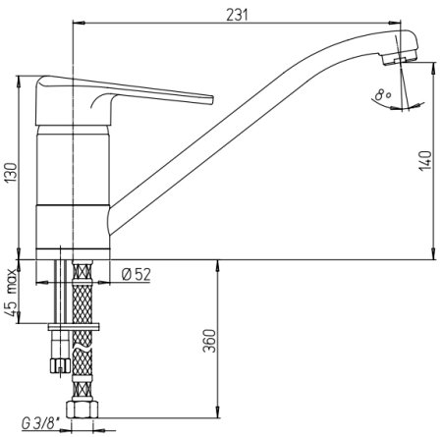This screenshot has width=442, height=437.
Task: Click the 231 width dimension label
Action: (x=237, y=15)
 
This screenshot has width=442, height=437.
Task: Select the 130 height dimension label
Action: (x=12, y=173)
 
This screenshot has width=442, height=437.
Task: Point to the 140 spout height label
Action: (x=425, y=160)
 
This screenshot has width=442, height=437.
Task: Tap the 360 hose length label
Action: (x=209, y=341)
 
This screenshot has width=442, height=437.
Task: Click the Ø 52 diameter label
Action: (x=137, y=274)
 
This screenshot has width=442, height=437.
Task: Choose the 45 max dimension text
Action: (x=12, y=293)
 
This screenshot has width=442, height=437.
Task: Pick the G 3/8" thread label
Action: (x=40, y=424)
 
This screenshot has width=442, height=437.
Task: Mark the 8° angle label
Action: (x=383, y=95)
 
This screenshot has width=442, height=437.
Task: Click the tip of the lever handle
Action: (x=212, y=100)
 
